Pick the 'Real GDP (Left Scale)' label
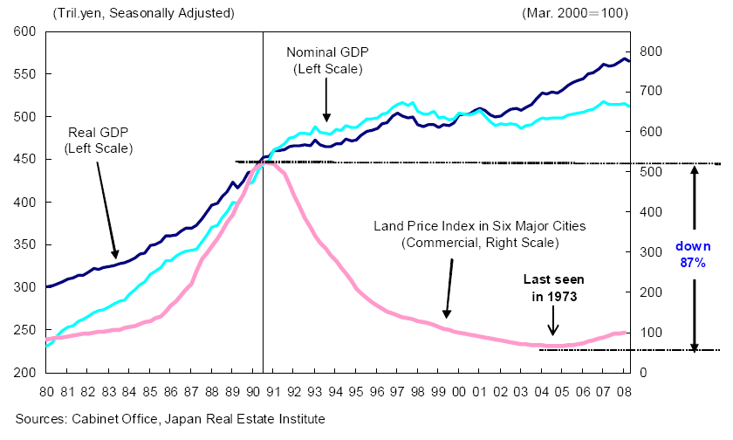[x=99, y=141]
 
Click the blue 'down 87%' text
[x=694, y=254]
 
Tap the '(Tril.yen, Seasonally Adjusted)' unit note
[x=144, y=13]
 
